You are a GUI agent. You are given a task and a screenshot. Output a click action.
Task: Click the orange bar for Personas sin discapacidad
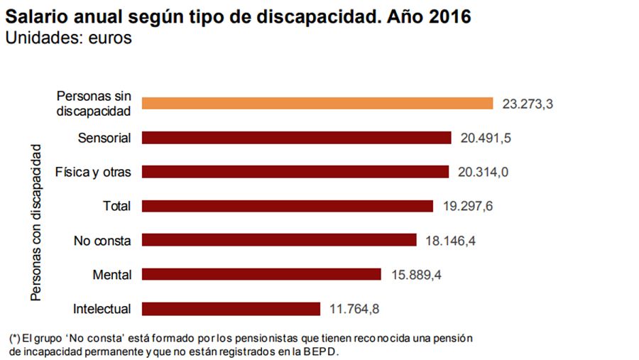pos(317,104)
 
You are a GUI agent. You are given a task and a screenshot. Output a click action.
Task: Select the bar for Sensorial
pos(297,138)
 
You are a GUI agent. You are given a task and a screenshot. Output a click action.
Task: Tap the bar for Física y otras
pos(295,172)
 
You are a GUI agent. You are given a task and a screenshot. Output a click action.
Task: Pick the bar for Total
pos(288,206)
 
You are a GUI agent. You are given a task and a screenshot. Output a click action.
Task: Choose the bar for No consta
pos(279,240)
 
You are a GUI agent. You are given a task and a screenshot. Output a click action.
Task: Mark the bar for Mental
pos(261,274)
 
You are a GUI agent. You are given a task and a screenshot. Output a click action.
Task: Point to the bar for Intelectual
pos(231,309)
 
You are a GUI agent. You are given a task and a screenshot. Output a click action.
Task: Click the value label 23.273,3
pos(527,104)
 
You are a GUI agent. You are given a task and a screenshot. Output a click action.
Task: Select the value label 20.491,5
pos(486,138)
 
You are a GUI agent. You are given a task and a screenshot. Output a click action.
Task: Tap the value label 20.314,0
pos(483,172)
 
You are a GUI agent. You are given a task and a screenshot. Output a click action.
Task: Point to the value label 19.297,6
pos(466,206)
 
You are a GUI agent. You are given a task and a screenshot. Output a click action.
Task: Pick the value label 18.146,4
pos(450,241)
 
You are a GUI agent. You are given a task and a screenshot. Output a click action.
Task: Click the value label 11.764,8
pos(354,309)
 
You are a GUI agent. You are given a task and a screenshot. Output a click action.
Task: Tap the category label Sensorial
pos(104,138)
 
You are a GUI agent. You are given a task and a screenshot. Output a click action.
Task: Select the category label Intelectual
pos(102,309)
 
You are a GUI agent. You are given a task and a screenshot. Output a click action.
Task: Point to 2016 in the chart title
pos(448,16)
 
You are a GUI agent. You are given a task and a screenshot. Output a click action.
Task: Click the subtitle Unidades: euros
pos(69,38)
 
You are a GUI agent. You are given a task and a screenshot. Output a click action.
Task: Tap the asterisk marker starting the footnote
pos(15,338)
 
